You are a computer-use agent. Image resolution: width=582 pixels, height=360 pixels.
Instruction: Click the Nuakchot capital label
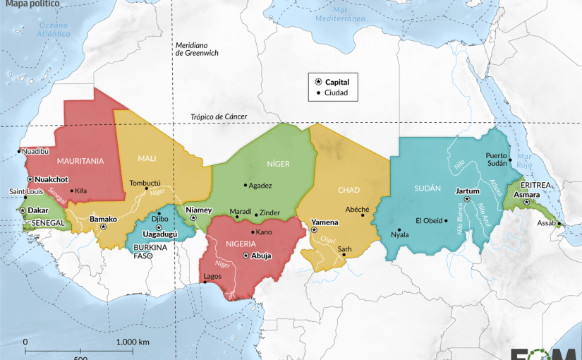pyautogui.click(x=52, y=179)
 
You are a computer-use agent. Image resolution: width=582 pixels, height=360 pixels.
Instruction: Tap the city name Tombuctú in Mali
pyautogui.click(x=145, y=183)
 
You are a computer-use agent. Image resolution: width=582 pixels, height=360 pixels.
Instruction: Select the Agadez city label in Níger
pyautogui.click(x=260, y=186)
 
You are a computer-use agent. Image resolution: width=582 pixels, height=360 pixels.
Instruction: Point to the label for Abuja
pyautogui.click(x=262, y=256)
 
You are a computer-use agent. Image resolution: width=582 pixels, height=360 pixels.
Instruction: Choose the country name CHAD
pyautogui.click(x=348, y=190)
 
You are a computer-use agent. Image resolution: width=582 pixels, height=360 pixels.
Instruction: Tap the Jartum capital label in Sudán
pyautogui.click(x=468, y=191)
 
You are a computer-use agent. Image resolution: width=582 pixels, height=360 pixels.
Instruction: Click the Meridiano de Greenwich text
pyautogui.click(x=198, y=49)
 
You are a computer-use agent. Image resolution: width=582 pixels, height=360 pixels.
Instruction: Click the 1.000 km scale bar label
pyautogui.click(x=133, y=342)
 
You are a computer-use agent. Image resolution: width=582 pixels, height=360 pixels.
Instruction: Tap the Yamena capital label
pyautogui.click(x=325, y=222)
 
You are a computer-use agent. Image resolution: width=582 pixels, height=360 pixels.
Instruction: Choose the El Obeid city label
pyautogui.click(x=429, y=220)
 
